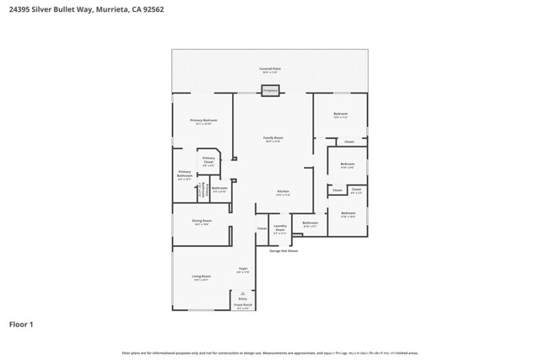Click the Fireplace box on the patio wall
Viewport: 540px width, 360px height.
[x=270, y=90]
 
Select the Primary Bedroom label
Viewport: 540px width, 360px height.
[x=203, y=121]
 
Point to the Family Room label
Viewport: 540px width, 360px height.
[x=273, y=138]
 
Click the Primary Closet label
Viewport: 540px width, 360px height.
[x=208, y=159]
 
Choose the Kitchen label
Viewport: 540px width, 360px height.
[x=283, y=191]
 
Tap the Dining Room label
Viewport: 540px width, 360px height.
[x=202, y=221]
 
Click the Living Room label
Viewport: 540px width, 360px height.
[x=201, y=277]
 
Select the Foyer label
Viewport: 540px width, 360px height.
[x=242, y=269]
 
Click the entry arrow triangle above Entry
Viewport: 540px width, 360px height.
[x=243, y=293]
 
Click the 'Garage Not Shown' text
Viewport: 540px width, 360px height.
[x=283, y=250]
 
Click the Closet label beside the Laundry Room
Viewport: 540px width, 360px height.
[x=262, y=228]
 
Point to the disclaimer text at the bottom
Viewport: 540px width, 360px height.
[x=270, y=353]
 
